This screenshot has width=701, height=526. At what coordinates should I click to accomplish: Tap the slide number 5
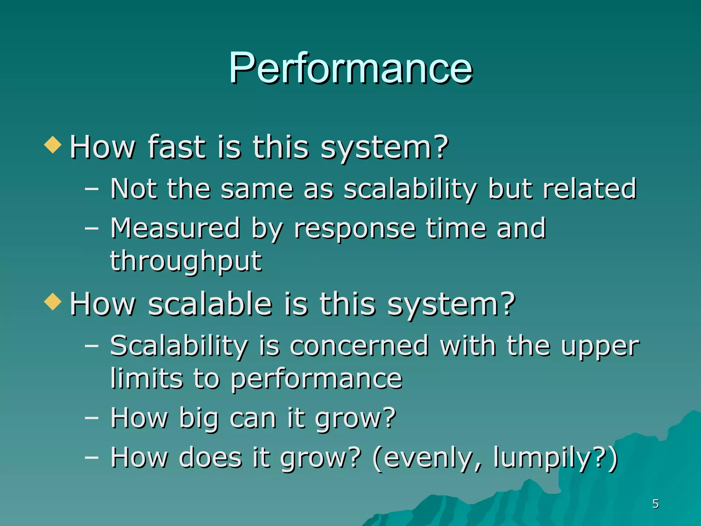(655, 504)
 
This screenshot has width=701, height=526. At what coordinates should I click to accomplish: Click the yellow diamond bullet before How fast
(53, 145)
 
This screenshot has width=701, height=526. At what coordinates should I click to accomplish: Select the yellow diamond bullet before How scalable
(53, 302)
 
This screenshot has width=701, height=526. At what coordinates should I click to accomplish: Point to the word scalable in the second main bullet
(210, 304)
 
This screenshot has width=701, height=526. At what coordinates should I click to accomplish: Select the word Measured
(175, 228)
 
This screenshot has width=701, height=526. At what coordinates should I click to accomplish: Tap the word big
(199, 418)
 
